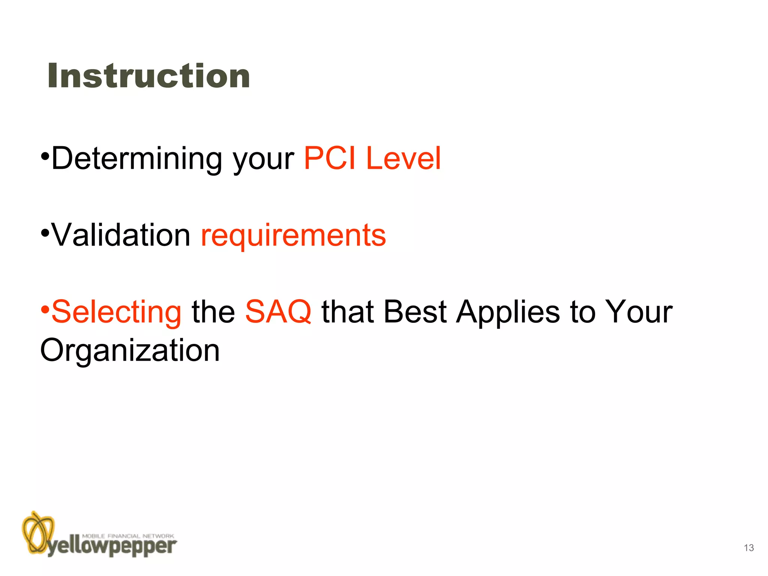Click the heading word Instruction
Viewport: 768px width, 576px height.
tap(148, 76)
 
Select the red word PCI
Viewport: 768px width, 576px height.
tap(329, 158)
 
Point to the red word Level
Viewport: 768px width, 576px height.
tap(403, 158)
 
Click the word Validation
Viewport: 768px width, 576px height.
tap(121, 235)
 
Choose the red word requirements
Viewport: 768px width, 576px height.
tap(293, 236)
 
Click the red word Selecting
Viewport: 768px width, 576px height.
tap(116, 312)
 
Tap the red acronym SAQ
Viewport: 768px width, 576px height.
tap(278, 312)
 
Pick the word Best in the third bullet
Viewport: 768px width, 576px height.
tap(415, 312)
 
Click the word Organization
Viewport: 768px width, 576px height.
tap(130, 351)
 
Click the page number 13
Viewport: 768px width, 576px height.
tap(748, 548)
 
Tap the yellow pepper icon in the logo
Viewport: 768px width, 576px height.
tap(37, 532)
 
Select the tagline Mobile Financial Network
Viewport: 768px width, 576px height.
tap(128, 536)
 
